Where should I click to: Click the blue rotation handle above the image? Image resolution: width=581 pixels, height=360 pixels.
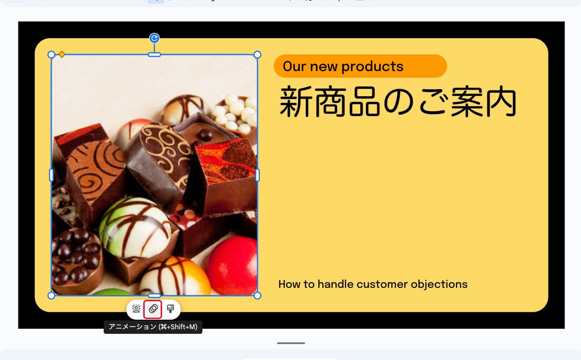(x=154, y=38)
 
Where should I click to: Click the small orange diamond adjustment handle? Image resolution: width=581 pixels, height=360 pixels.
(x=62, y=54)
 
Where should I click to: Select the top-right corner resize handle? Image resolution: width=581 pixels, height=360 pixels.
(x=257, y=55)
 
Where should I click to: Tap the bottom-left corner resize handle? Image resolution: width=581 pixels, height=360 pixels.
(x=51, y=296)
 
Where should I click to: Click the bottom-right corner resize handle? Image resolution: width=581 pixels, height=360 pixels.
(x=257, y=296)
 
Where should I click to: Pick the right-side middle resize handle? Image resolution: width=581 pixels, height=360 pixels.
(x=257, y=175)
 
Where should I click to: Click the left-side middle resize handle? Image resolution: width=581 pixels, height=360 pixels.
(x=51, y=175)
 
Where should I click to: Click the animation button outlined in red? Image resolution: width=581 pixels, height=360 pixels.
(x=153, y=309)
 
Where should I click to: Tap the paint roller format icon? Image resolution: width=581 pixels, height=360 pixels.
(x=171, y=309)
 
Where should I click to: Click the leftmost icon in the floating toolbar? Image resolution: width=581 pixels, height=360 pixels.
(x=136, y=309)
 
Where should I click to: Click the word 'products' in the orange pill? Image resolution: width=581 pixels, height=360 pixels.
(x=373, y=66)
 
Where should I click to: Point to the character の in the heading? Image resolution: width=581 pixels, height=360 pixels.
(x=398, y=102)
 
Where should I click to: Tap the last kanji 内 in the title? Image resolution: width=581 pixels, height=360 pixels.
(x=501, y=101)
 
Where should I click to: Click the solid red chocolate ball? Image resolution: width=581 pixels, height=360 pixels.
(x=232, y=266)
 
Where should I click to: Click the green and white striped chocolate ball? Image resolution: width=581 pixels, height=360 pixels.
(x=135, y=228)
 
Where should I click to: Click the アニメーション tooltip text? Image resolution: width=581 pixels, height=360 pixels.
(x=153, y=327)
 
